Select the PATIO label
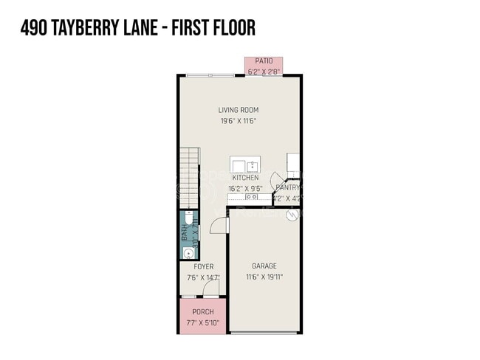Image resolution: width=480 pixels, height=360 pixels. [x=264, y=60]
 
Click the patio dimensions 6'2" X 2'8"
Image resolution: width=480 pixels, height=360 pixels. [x=264, y=71]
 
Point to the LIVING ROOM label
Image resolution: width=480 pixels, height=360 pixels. [x=238, y=111]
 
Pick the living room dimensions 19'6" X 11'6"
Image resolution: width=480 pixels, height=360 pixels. [x=238, y=121]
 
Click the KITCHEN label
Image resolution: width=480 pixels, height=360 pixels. [x=245, y=178]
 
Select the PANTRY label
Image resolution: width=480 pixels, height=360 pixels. [x=289, y=187]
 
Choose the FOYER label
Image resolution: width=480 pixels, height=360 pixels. [x=204, y=267]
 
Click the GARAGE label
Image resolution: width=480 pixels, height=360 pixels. [x=264, y=266]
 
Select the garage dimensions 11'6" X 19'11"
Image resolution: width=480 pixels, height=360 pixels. [x=264, y=277]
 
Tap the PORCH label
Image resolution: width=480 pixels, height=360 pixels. [x=203, y=311]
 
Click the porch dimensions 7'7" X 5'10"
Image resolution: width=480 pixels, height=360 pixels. [x=203, y=322]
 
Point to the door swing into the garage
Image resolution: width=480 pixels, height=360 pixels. [x=219, y=225]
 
